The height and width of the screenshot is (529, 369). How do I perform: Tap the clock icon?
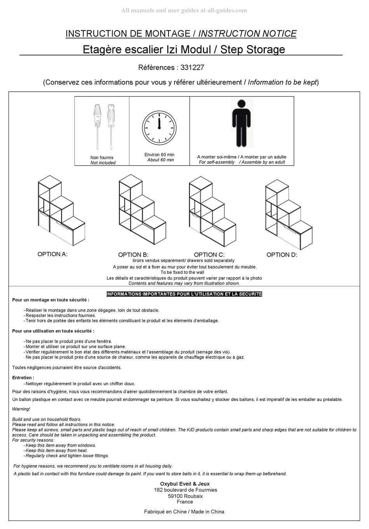[x=159, y=127]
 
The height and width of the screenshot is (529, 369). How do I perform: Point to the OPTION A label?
[x=52, y=254]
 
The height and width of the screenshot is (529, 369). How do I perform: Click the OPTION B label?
[x=133, y=255]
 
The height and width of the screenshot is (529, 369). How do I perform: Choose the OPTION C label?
[x=209, y=255]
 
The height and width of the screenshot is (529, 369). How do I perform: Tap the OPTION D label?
[x=282, y=255]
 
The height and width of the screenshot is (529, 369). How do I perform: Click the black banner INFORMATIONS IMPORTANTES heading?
[x=184, y=294]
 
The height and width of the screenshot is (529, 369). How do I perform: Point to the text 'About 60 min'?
[x=160, y=160]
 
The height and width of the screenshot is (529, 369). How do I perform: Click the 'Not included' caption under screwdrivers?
[x=103, y=163]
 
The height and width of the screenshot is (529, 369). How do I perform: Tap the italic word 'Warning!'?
[x=21, y=409]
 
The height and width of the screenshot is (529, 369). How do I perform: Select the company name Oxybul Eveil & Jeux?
[x=185, y=484]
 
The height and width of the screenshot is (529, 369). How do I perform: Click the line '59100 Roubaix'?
[x=185, y=496]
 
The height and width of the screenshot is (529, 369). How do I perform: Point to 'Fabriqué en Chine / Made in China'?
[x=184, y=512]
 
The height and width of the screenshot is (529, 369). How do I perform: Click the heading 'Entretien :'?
[x=23, y=377]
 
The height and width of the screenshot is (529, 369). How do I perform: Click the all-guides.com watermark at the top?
[x=184, y=10]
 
